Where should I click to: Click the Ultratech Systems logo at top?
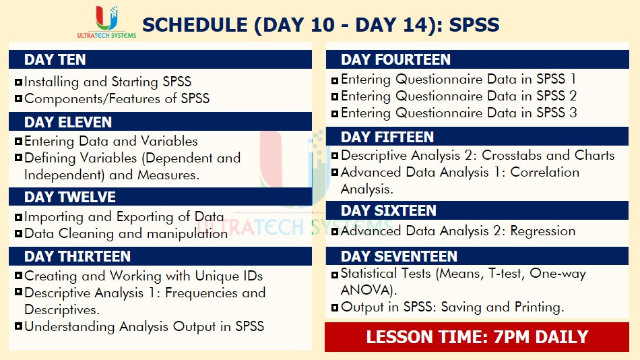[107, 22]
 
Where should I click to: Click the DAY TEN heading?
[55, 59]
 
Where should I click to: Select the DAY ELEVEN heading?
[68, 122]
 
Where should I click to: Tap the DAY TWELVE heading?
[70, 197]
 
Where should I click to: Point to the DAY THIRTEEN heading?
[77, 256]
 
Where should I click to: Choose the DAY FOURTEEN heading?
[396, 59]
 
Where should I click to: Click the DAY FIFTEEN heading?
[387, 137]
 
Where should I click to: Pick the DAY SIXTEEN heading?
[389, 210]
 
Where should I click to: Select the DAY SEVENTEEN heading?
[399, 256]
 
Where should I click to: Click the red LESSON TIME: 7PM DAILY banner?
[477, 336]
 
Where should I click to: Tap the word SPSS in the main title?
[474, 25]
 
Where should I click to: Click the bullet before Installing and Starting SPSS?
[18, 82]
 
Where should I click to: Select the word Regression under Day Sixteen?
[543, 231]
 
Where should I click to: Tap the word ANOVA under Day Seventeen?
[366, 290]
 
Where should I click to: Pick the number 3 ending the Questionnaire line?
[573, 113]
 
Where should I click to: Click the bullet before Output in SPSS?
[335, 307]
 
